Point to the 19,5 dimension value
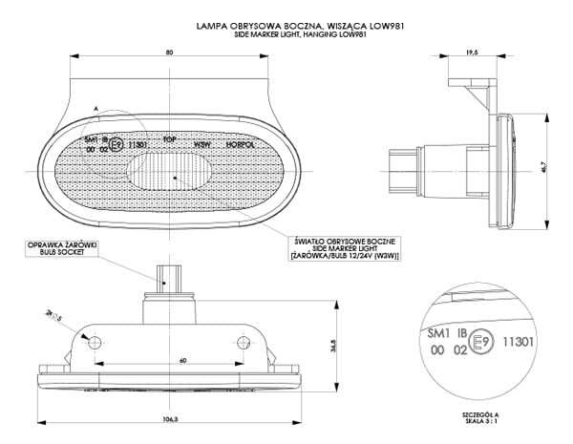[472, 54]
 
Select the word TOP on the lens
[169, 138]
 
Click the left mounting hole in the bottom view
[95, 341]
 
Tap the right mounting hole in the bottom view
[244, 341]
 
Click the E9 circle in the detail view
[483, 341]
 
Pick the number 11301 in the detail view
[517, 339]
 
